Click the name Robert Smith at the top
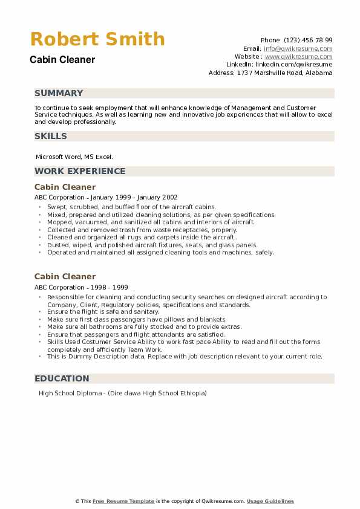click(97, 39)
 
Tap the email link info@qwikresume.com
click(298, 48)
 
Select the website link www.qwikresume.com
click(298, 56)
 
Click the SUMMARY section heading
click(59, 93)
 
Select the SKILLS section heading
click(51, 136)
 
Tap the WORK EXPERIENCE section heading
click(80, 171)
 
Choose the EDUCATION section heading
click(62, 378)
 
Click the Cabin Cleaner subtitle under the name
click(62, 60)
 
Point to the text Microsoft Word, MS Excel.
click(74, 157)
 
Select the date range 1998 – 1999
click(108, 287)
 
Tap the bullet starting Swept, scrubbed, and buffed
click(131, 207)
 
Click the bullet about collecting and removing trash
click(142, 230)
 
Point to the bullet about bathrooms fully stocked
click(144, 326)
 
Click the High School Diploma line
click(122, 394)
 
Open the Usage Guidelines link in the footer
click(270, 501)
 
